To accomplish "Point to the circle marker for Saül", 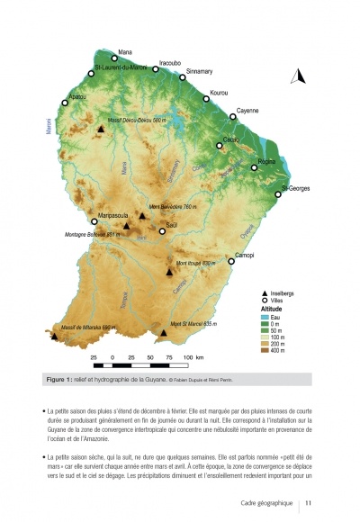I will (x=162, y=231).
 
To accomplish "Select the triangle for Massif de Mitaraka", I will (x=56, y=337).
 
